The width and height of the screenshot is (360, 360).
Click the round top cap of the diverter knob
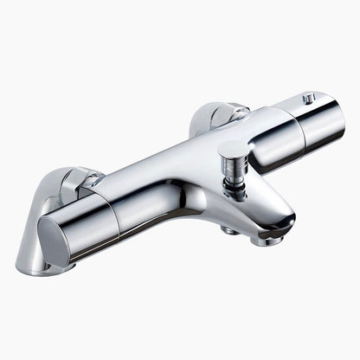[x=233, y=150]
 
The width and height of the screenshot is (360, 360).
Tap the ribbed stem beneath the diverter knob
[x=231, y=173]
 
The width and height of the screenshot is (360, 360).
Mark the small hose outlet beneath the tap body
[x=229, y=229]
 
